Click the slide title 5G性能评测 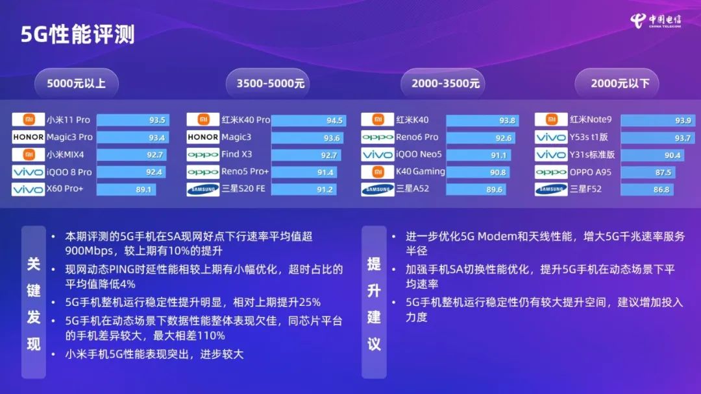[78, 34]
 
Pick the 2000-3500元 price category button [445, 83]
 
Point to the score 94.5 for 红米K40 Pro [334, 121]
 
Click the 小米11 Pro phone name [68, 120]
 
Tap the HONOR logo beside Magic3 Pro [29, 137]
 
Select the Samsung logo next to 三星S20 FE [203, 189]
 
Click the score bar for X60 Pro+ [127, 189]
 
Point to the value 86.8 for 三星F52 [662, 189]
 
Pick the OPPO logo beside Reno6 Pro [377, 137]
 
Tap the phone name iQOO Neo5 [419, 155]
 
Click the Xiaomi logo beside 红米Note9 [551, 120]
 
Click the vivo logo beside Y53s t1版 [551, 137]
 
